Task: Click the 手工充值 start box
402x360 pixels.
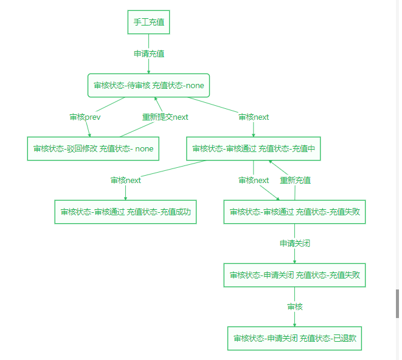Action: click(148, 22)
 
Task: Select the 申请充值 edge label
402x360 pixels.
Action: click(148, 54)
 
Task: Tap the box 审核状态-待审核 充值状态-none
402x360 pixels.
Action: click(149, 85)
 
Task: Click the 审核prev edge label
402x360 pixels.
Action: click(85, 117)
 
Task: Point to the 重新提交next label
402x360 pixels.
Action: click(165, 117)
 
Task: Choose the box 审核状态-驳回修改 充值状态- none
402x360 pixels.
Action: click(93, 148)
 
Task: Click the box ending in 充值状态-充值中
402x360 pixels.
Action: click(254, 148)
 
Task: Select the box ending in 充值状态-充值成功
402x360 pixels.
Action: click(125, 212)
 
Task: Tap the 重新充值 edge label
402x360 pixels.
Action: click(295, 180)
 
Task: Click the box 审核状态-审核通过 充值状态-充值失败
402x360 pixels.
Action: click(295, 212)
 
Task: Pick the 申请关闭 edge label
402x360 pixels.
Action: click(295, 243)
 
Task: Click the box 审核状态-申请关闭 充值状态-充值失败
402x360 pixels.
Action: click(295, 275)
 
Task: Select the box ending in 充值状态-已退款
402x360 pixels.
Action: click(295, 338)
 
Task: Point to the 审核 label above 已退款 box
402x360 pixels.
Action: click(295, 306)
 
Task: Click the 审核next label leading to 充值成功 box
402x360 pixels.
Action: click(125, 180)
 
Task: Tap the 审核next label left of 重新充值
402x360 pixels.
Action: click(254, 180)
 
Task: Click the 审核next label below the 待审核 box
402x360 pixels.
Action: click(254, 117)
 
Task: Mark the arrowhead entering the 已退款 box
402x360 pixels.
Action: click(295, 325)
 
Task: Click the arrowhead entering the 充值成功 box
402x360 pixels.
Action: click(125, 198)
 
